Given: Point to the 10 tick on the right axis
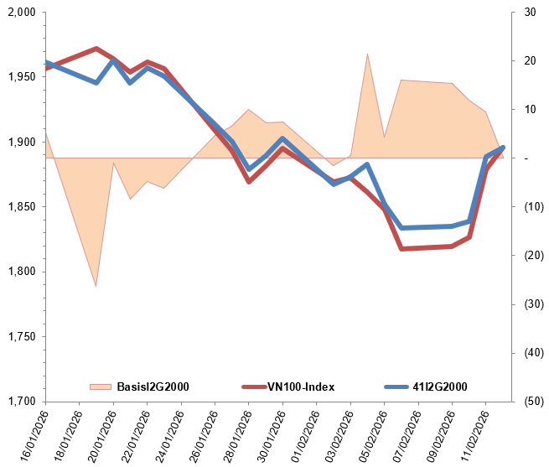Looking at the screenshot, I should click(530, 110).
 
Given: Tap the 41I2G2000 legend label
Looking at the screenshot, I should click(440, 387).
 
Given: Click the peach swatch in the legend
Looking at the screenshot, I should click(101, 387).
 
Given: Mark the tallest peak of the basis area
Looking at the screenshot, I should click(367, 54).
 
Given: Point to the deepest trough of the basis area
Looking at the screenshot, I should click(96, 286).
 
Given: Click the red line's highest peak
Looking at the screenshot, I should click(96, 49).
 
